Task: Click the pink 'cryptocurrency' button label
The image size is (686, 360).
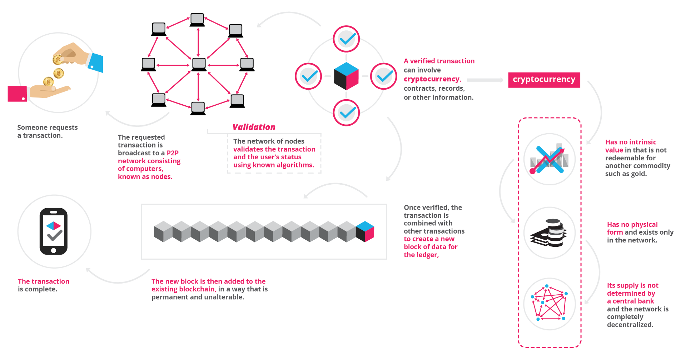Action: pyautogui.click(x=544, y=80)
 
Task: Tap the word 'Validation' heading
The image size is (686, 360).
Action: pyautogui.click(x=254, y=127)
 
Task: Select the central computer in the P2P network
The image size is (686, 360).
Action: pyautogui.click(x=199, y=65)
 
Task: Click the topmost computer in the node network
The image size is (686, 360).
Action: pyautogui.click(x=197, y=19)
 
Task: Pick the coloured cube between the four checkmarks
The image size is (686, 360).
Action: pyautogui.click(x=346, y=76)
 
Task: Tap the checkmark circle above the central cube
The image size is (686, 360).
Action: pyautogui.click(x=346, y=39)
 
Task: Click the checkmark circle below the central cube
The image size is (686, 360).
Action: pyautogui.click(x=346, y=113)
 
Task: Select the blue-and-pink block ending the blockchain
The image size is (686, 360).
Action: pyautogui.click(x=365, y=231)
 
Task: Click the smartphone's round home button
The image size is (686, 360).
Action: pyautogui.click(x=54, y=250)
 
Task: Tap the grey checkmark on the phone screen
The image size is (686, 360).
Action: pyautogui.click(x=55, y=236)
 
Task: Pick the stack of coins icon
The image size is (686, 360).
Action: pyautogui.click(x=549, y=233)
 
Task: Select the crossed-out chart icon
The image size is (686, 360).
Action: pyautogui.click(x=549, y=159)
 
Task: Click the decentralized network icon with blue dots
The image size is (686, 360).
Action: pyautogui.click(x=549, y=304)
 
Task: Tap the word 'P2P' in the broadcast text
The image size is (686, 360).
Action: pyautogui.click(x=173, y=153)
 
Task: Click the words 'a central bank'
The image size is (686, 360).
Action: pyautogui.click(x=630, y=301)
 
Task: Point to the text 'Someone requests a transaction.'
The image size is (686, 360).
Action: pyautogui.click(x=47, y=131)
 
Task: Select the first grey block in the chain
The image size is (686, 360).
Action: pyautogui.click(x=163, y=231)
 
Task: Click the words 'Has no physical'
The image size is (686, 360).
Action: pyautogui.click(x=632, y=224)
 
